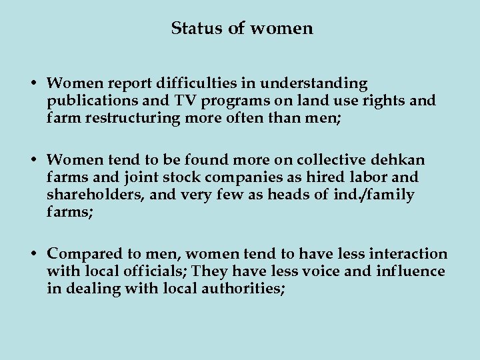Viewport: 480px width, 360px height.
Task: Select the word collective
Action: [329, 161]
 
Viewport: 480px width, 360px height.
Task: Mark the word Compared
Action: [81, 254]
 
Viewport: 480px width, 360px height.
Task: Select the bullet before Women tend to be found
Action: [33, 161]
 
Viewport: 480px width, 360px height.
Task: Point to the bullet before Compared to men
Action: [33, 255]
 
